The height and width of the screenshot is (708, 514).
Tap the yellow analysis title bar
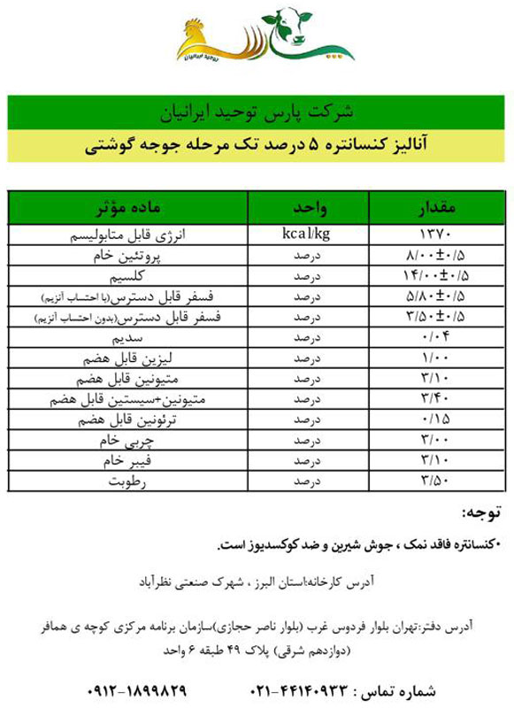[x=257, y=146]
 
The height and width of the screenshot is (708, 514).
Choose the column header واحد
[x=311, y=208]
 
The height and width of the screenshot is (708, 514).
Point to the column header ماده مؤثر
[x=128, y=208]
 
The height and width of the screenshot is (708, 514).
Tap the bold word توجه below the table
[x=481, y=513]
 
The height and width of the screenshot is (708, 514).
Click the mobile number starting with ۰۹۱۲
[x=137, y=689]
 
